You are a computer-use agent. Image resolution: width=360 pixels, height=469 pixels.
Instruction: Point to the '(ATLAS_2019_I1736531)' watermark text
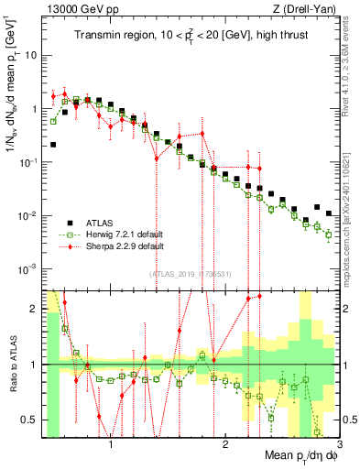190,274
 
